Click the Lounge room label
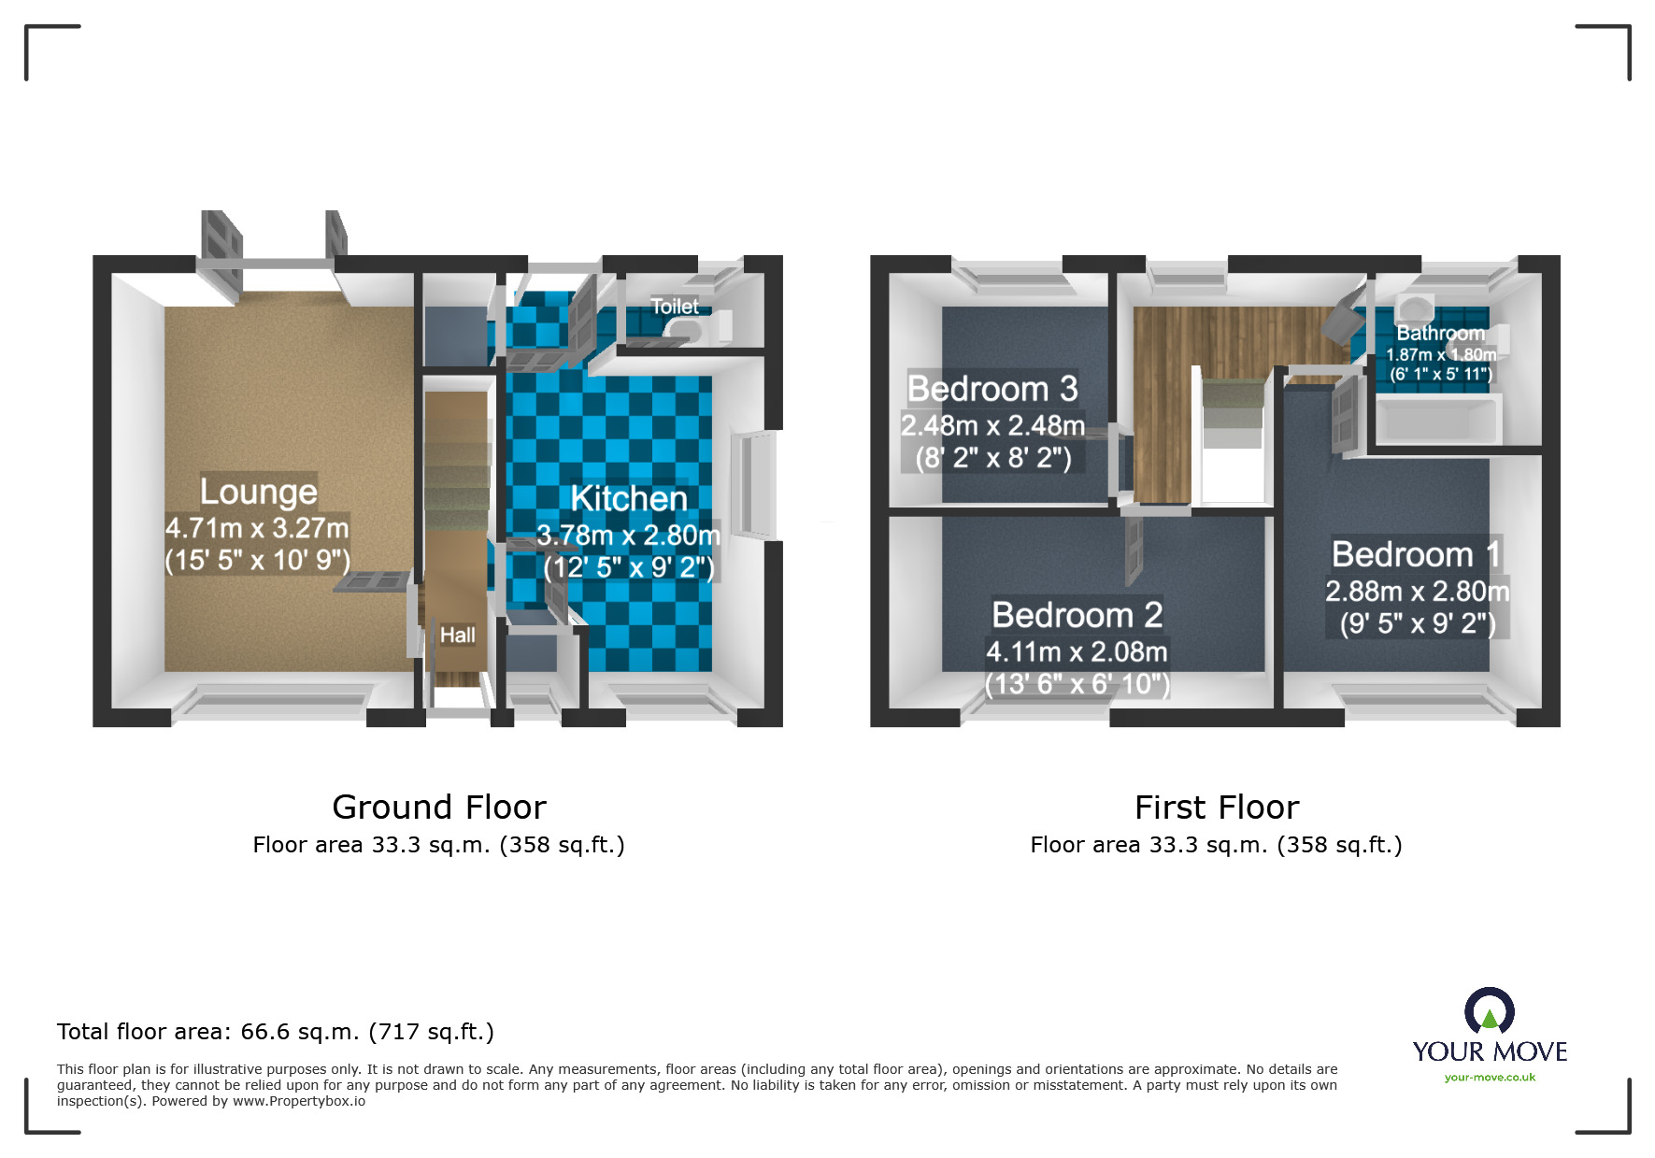[x=258, y=492]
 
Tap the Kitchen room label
[x=629, y=499]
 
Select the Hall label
[x=457, y=636]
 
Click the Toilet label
[x=675, y=307]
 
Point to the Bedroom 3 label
[x=992, y=389]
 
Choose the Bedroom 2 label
[x=1077, y=615]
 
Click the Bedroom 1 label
[x=1416, y=554]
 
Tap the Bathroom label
[x=1440, y=334]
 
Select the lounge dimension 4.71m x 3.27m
[x=257, y=528]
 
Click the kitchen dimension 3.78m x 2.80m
[x=628, y=536]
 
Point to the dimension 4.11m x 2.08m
[x=1077, y=651]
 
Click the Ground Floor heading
[x=438, y=807]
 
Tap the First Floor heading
[x=1216, y=807]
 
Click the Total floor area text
[x=275, y=1032]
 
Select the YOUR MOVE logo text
[x=1490, y=1051]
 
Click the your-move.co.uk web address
[x=1490, y=1078]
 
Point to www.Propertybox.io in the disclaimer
[x=299, y=1101]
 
